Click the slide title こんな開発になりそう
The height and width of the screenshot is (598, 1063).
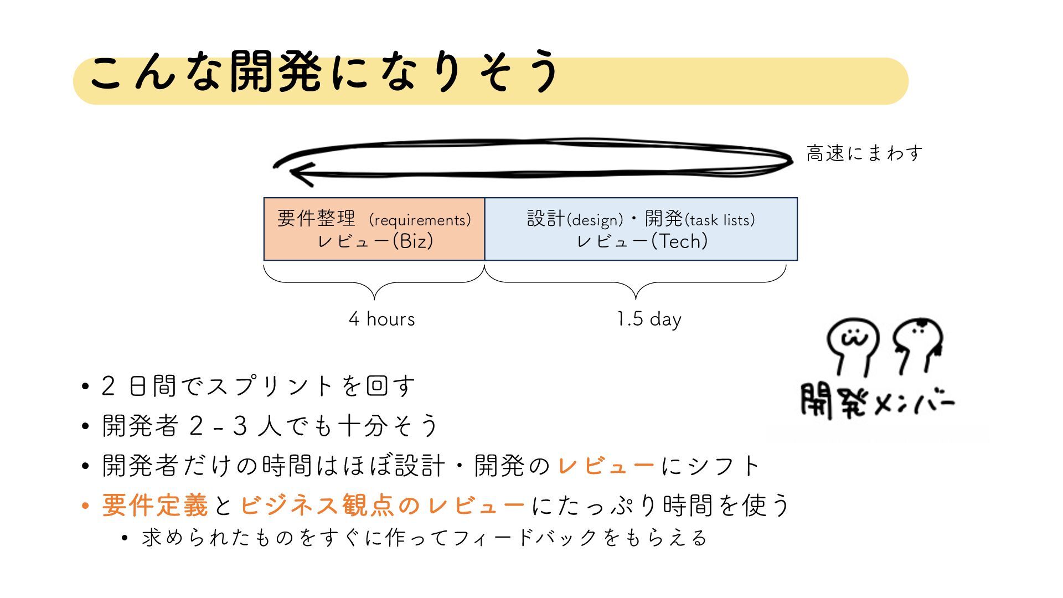pyautogui.click(x=324, y=73)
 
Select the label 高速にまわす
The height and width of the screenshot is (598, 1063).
pyautogui.click(x=864, y=153)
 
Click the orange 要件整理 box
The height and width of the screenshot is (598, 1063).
pyautogui.click(x=374, y=229)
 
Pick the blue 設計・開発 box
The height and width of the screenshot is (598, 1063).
pyautogui.click(x=641, y=229)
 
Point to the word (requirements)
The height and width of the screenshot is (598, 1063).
pyautogui.click(x=421, y=220)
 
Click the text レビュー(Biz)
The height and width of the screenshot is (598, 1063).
pyautogui.click(x=375, y=241)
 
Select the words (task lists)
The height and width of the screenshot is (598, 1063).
pyautogui.click(x=720, y=220)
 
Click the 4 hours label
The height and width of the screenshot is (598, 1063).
pyautogui.click(x=381, y=319)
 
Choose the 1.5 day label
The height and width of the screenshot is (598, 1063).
pyautogui.click(x=649, y=319)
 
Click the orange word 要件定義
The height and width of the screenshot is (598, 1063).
pyautogui.click(x=155, y=505)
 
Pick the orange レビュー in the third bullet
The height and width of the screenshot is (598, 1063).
pyautogui.click(x=606, y=465)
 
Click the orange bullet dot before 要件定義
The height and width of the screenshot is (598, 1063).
pyautogui.click(x=85, y=506)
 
